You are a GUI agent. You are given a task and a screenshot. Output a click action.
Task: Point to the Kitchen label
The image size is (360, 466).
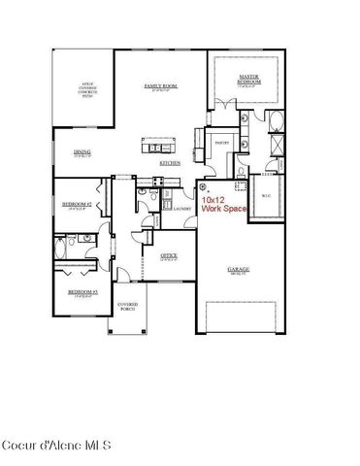tap(170, 163)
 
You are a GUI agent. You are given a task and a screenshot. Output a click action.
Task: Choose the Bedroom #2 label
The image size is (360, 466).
tap(78, 205)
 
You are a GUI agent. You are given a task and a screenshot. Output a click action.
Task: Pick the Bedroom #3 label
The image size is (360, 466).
tap(82, 292)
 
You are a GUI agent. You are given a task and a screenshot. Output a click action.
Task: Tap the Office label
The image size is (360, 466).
tap(168, 256)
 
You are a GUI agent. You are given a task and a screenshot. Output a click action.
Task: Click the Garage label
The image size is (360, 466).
tap(237, 273)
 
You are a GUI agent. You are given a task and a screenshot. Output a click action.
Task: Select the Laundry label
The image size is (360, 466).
tap(181, 208)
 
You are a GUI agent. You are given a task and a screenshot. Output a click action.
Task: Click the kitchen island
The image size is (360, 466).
tap(161, 148)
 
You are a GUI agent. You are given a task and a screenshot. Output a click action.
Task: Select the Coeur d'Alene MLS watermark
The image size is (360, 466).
tap(56, 446)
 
